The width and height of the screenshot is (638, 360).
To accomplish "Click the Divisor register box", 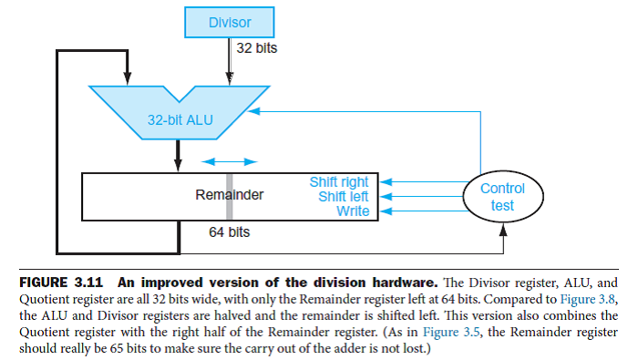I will pyautogui.click(x=230, y=21).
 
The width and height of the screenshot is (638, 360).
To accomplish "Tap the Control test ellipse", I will pyautogui.click(x=502, y=197).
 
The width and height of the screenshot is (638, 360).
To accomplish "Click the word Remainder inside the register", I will pyautogui.click(x=230, y=195).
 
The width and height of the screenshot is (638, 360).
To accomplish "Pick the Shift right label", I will pyautogui.click(x=339, y=182).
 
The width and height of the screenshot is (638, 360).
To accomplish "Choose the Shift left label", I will pyautogui.click(x=343, y=196).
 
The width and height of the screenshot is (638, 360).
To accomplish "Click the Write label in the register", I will pyautogui.click(x=353, y=211).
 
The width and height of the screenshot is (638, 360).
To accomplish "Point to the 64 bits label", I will pyautogui.click(x=229, y=232).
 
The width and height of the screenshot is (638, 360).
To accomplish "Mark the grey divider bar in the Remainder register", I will pyautogui.click(x=230, y=195).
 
